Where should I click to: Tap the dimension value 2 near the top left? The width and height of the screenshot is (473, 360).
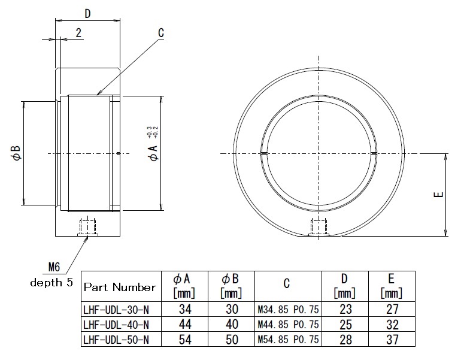point(78,33)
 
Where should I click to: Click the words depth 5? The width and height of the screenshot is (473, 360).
point(51,282)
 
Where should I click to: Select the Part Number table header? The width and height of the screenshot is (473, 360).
point(120,287)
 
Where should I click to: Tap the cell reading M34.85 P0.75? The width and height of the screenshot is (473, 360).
point(287,310)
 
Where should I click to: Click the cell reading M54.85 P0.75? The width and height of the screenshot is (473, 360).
point(287,340)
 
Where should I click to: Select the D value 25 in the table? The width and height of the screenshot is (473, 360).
point(344,325)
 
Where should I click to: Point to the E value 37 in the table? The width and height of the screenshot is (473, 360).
point(392,340)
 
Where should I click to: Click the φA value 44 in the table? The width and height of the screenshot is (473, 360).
point(184,325)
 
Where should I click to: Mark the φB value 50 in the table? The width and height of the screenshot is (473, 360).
point(231,340)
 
